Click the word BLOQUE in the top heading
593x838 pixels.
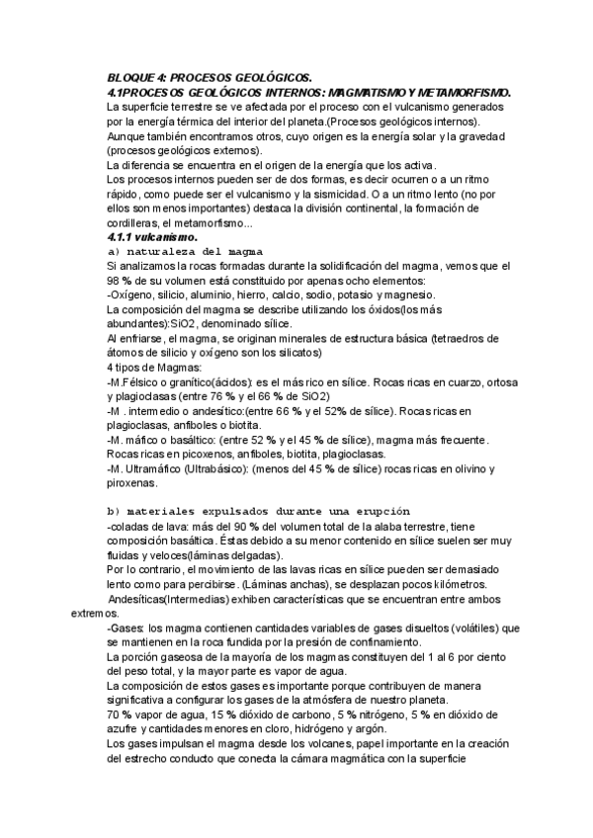(131, 77)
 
